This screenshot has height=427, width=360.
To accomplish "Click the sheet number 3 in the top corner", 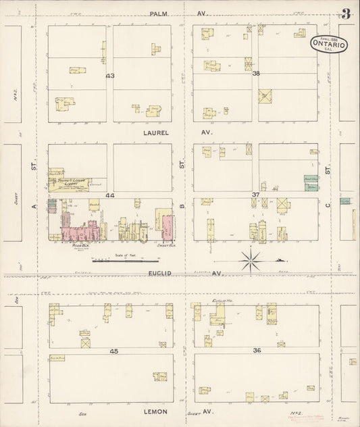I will tap(345, 14).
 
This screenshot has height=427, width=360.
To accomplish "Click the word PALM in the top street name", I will tap(160, 12).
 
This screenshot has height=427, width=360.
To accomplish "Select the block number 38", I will tap(256, 74).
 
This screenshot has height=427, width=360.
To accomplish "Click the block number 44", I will tap(109, 195).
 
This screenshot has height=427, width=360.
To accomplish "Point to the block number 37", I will tap(256, 195).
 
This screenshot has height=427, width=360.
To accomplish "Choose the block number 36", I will tap(257, 350).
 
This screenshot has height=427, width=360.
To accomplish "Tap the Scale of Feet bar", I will tap(116, 260).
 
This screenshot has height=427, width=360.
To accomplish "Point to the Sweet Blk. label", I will tap(164, 247).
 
